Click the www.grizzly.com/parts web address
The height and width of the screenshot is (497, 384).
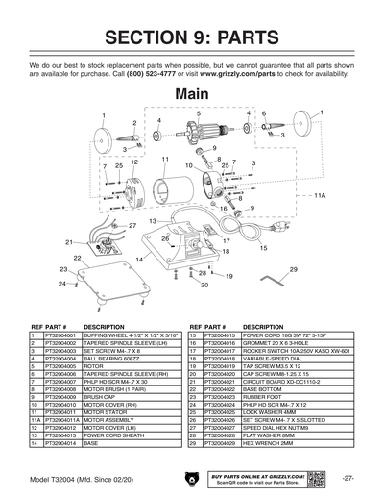click(x=263, y=73)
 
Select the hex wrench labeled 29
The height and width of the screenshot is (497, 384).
click(x=277, y=280)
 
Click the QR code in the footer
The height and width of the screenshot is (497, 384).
click(x=315, y=477)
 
